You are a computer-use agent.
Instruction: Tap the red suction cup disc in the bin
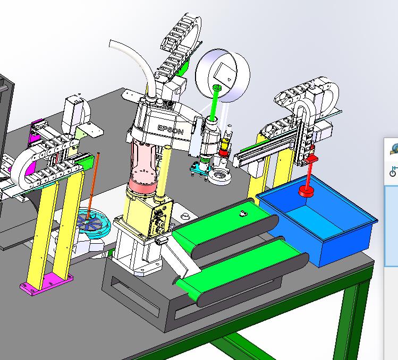pos(306,190)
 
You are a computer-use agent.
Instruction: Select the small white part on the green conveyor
pos(243,213)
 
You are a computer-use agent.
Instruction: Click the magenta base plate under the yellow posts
pos(46,284)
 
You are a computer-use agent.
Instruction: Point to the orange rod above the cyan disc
pos(93,186)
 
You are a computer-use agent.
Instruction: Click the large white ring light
pos(223,75)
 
